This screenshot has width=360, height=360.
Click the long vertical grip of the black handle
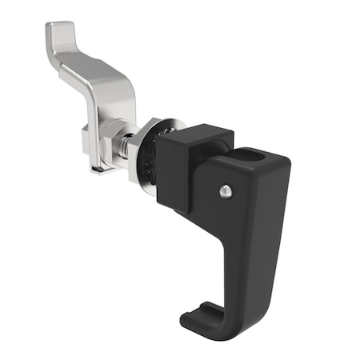click(259, 240)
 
